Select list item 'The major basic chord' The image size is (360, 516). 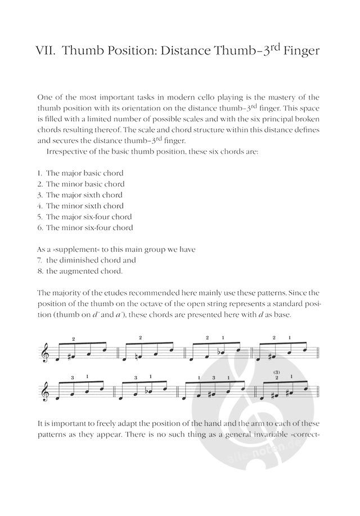point(84,173)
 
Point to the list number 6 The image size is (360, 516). point(40,228)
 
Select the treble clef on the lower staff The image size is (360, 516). point(46,391)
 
